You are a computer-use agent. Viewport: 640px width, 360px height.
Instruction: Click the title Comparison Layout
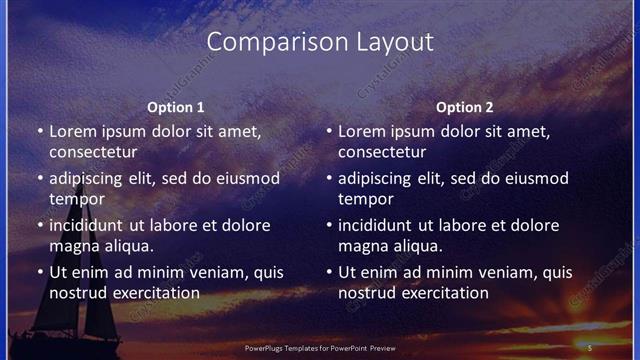(320, 42)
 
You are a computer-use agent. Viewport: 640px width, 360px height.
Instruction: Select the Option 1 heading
(175, 107)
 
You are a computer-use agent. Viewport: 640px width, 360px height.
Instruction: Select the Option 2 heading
(464, 107)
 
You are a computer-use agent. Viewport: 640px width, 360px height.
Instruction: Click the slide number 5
(590, 346)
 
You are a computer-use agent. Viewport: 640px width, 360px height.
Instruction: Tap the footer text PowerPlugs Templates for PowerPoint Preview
(319, 346)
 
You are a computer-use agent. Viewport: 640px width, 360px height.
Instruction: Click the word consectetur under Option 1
(93, 152)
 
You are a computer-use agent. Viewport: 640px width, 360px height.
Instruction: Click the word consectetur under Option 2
(382, 152)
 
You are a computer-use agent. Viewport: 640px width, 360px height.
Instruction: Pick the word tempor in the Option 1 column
(73, 198)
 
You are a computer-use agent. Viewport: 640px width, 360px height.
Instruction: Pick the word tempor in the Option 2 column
(362, 198)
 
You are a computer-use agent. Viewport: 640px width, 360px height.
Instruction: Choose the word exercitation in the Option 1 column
(156, 292)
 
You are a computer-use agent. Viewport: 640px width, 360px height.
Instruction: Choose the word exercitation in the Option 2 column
(445, 292)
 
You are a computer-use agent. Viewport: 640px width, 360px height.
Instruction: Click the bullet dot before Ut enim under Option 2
(328, 272)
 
